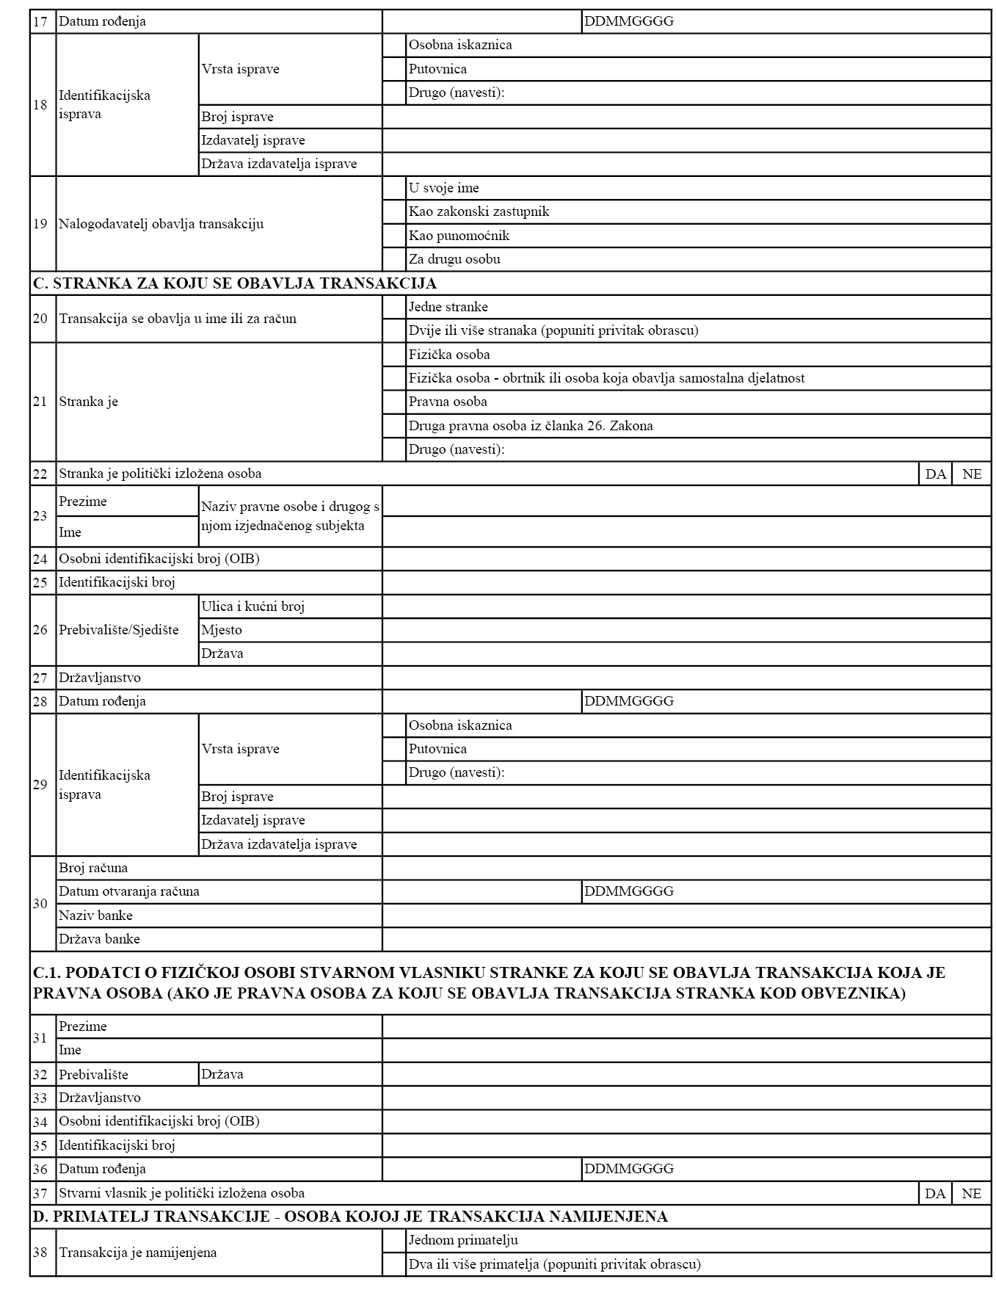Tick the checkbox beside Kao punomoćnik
[x=394, y=236]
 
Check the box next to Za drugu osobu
[x=394, y=259]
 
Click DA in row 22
[x=935, y=474]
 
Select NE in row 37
[x=971, y=1193]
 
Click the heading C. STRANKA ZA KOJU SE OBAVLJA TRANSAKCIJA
[x=235, y=283]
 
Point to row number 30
[x=40, y=903]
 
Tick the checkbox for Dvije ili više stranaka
[x=394, y=330]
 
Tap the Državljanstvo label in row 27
[x=100, y=678]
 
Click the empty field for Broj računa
[x=686, y=868]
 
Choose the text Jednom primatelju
[x=463, y=1240]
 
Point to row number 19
[x=40, y=223]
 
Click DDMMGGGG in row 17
[x=629, y=21]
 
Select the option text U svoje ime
[x=444, y=188]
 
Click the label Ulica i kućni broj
[x=253, y=606]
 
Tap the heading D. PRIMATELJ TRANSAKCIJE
[x=350, y=1217]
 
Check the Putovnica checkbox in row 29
[x=394, y=749]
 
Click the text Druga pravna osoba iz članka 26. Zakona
[x=531, y=426]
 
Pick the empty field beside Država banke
[x=686, y=939]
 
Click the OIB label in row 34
[x=159, y=1121]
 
